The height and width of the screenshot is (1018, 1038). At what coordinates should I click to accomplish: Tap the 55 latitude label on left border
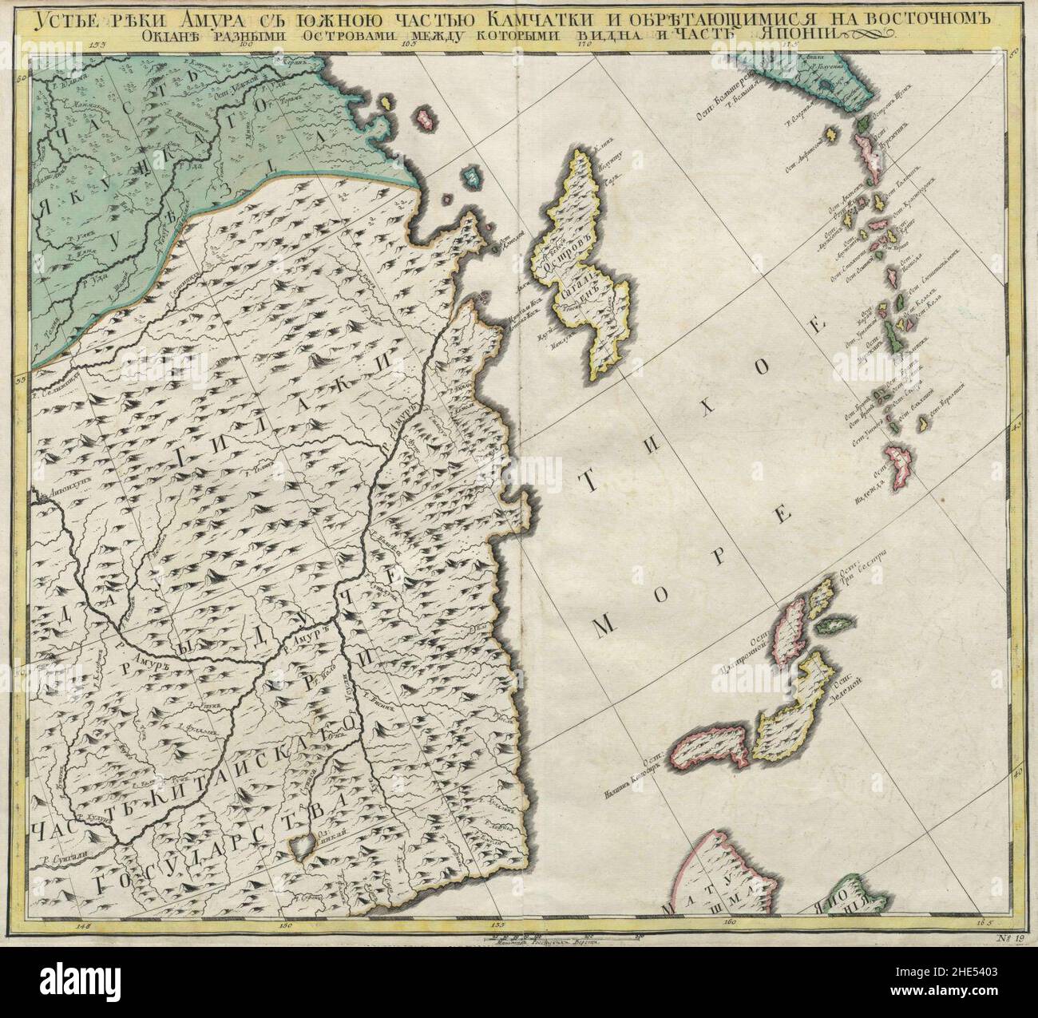(22, 370)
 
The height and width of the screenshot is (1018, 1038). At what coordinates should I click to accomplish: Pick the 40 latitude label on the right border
(1016, 773)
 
